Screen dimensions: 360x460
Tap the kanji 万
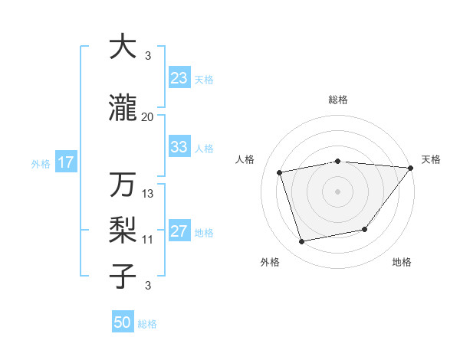point(123,185)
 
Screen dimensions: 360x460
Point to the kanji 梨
point(123,231)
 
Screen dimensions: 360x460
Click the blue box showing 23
point(179,78)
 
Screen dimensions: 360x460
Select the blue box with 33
point(179,147)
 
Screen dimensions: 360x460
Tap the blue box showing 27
point(179,232)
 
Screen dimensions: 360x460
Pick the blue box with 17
point(65,162)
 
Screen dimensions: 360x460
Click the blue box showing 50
point(123,322)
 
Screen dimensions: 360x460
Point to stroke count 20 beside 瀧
point(148,117)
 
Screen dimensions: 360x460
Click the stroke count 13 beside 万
point(148,195)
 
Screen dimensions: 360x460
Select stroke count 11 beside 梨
point(148,240)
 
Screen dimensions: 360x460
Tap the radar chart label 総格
point(338,100)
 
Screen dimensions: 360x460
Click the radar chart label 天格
point(431,159)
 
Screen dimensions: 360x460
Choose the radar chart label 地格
point(402,262)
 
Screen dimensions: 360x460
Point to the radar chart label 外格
point(270,262)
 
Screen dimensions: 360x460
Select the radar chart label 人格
point(245,159)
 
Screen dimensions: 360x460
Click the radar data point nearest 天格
point(410,169)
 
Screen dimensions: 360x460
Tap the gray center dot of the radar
point(338,191)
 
